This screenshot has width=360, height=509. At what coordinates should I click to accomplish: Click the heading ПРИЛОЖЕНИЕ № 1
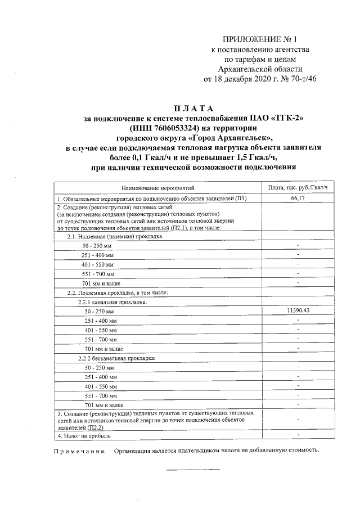pos(259,39)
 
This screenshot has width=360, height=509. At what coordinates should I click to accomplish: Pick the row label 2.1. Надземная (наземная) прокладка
pos(114,237)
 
